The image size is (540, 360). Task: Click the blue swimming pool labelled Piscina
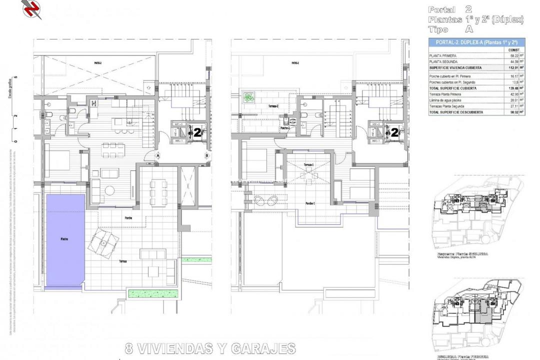click(65, 240)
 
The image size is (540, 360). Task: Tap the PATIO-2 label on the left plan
click(97, 63)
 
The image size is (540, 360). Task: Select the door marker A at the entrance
click(158, 155)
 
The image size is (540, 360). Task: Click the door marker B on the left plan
click(207, 155)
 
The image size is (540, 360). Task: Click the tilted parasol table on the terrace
click(103, 243)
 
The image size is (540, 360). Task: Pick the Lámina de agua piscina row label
click(448, 100)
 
